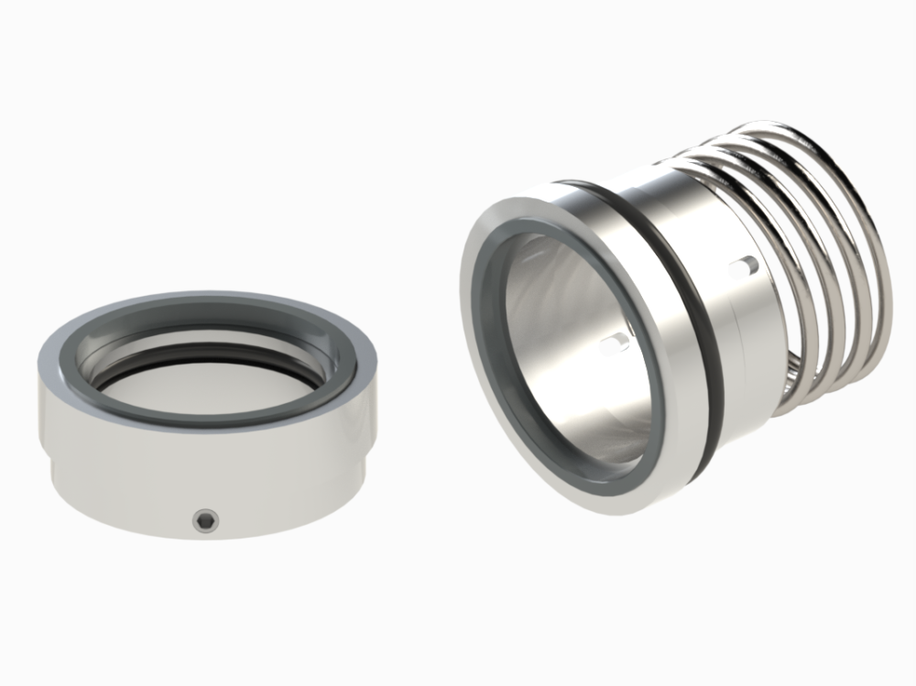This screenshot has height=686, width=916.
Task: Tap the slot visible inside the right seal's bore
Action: point(615,343)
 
